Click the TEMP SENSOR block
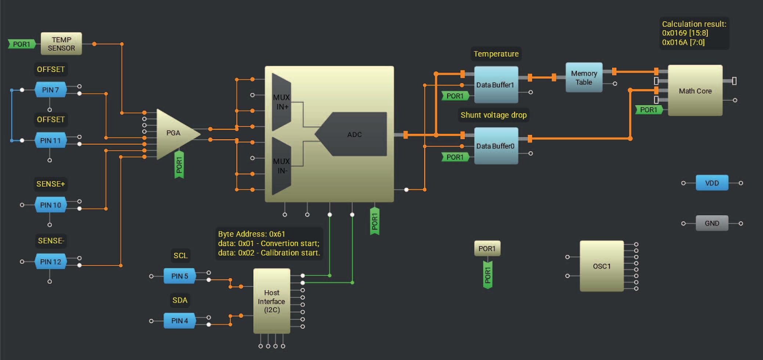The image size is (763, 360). pyautogui.click(x=61, y=44)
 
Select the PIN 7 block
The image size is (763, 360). pyautogui.click(x=50, y=90)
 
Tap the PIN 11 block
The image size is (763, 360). pyautogui.click(x=50, y=140)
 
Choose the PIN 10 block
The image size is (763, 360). pyautogui.click(x=50, y=205)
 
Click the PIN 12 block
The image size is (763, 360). pyautogui.click(x=50, y=262)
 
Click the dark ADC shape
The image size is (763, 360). pyautogui.click(x=354, y=134)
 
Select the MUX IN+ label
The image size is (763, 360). pyautogui.click(x=282, y=102)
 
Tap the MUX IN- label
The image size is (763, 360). pyautogui.click(x=282, y=166)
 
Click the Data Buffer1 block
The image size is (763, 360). pyautogui.click(x=496, y=85)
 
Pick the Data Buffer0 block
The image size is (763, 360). pyautogui.click(x=496, y=146)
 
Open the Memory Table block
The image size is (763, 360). pyautogui.click(x=584, y=78)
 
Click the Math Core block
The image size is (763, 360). pyautogui.click(x=695, y=91)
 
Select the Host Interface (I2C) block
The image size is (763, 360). pyautogui.click(x=271, y=301)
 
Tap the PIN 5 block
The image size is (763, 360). pyautogui.click(x=180, y=276)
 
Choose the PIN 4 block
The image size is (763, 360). pyautogui.click(x=180, y=321)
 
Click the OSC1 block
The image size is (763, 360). pyautogui.click(x=601, y=266)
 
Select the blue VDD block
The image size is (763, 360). pyautogui.click(x=712, y=183)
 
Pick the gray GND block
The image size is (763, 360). pyautogui.click(x=712, y=223)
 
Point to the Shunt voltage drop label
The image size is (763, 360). pyautogui.click(x=493, y=115)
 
